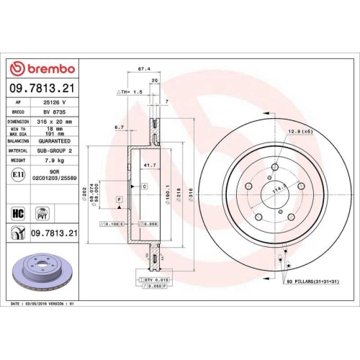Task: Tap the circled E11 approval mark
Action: [17, 174]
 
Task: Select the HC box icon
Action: [17, 212]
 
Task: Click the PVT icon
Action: [42, 212]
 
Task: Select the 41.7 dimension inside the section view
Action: [148, 166]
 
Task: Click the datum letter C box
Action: [144, 186]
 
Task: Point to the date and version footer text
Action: [43, 305]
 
